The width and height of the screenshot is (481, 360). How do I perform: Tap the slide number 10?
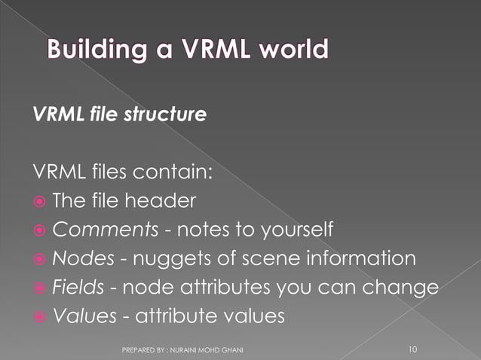click(x=412, y=349)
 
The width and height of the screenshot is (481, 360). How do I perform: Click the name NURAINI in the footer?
click(x=191, y=349)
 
